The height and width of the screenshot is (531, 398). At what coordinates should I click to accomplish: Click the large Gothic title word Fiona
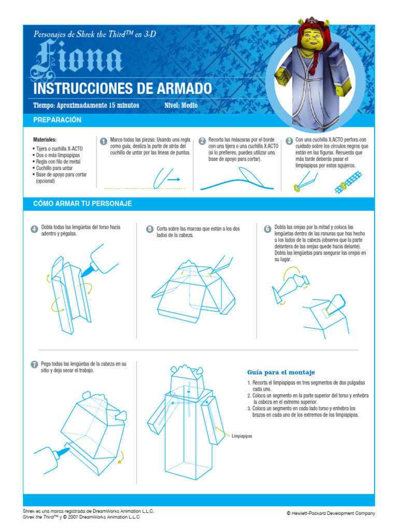tap(77, 58)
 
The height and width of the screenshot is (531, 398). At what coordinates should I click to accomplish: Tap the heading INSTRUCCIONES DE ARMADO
tap(122, 89)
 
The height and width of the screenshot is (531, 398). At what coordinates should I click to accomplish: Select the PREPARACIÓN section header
tap(57, 120)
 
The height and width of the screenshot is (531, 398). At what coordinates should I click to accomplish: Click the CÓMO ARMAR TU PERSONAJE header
tap(82, 203)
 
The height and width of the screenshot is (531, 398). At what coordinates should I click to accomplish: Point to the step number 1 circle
tap(104, 141)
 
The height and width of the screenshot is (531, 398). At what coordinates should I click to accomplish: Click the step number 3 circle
tap(289, 141)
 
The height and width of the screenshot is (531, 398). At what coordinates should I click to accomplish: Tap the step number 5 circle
tap(150, 229)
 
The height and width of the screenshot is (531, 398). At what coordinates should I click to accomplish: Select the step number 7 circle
tap(35, 365)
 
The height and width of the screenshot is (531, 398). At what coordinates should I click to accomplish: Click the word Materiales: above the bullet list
tap(45, 139)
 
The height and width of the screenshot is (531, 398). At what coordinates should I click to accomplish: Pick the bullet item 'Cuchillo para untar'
tap(54, 168)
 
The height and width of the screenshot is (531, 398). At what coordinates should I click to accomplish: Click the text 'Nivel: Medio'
tap(181, 105)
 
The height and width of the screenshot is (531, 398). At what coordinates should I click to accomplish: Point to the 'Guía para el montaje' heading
tap(281, 372)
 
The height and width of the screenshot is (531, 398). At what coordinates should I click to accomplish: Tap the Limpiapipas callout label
tap(241, 436)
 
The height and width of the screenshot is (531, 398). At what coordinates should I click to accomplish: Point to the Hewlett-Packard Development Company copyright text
tap(331, 513)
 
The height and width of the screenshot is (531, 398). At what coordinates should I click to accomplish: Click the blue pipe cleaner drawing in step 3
tap(348, 182)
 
